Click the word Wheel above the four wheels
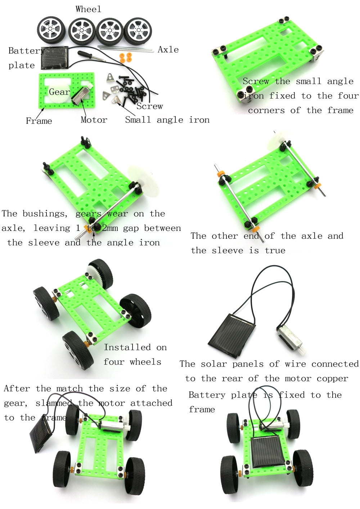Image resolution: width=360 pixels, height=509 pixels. pos(88,9)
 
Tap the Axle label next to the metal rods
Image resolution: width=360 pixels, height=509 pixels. pos(168,50)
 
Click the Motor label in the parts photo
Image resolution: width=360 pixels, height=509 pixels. pos(94,120)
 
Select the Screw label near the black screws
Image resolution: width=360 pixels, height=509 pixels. pos(149,106)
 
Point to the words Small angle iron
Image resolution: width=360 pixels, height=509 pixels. pos(167,120)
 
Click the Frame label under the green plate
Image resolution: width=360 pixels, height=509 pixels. pos(39,121)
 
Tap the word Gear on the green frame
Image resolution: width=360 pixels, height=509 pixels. pos(59,92)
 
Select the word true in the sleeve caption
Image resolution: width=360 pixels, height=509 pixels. pos(275,250)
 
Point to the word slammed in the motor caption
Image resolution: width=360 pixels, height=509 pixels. pos(54,403)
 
